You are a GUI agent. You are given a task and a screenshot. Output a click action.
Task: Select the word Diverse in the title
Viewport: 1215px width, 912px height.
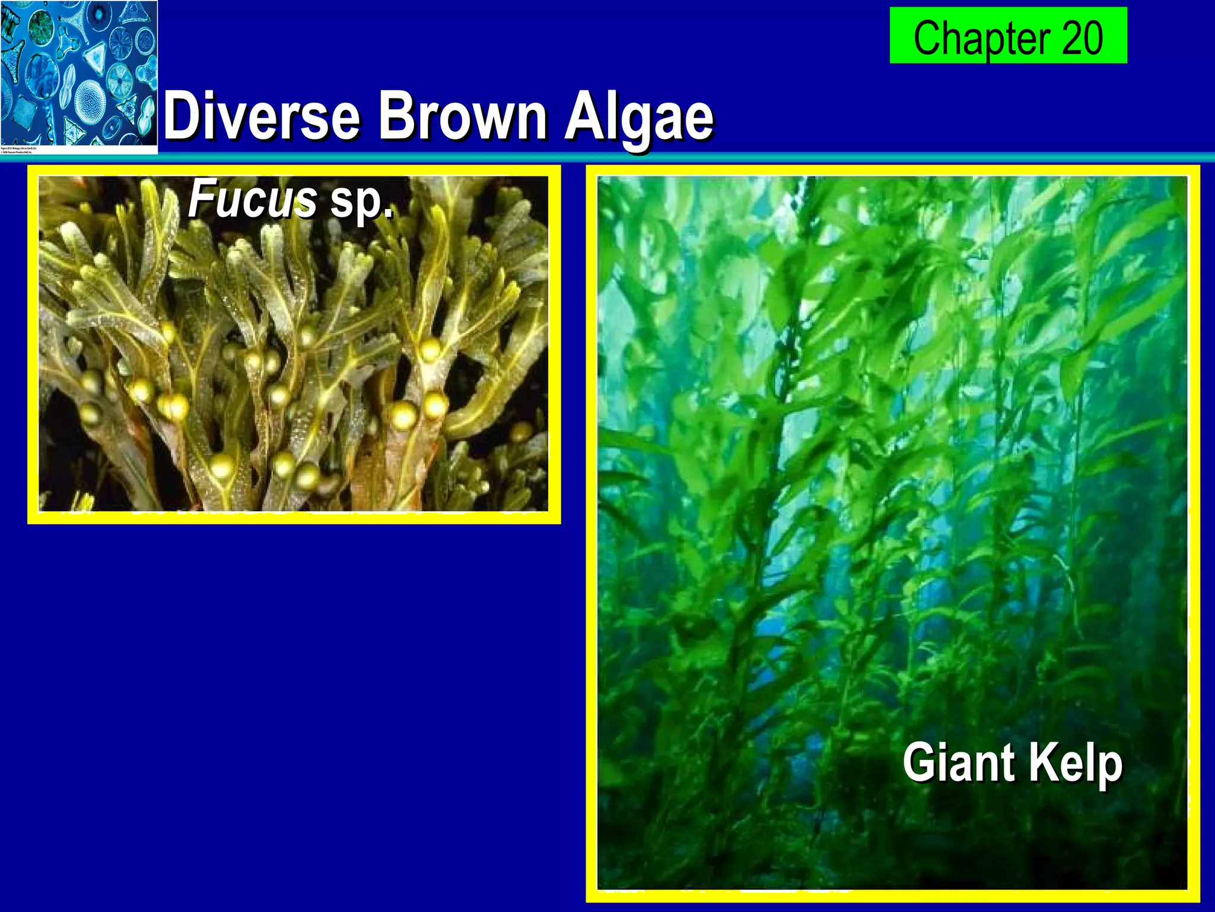pos(261,116)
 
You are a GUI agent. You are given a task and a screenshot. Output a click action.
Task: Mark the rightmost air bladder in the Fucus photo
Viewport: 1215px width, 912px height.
pos(521,432)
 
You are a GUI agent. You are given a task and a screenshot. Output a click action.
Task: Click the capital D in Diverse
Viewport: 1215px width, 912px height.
pos(182,115)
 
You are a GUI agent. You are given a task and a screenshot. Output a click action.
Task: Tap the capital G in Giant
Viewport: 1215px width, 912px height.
pos(918,762)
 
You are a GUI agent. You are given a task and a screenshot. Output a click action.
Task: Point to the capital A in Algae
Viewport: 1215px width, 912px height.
pos(581,115)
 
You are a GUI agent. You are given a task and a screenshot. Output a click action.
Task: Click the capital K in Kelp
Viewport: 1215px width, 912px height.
pos(1041,762)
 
